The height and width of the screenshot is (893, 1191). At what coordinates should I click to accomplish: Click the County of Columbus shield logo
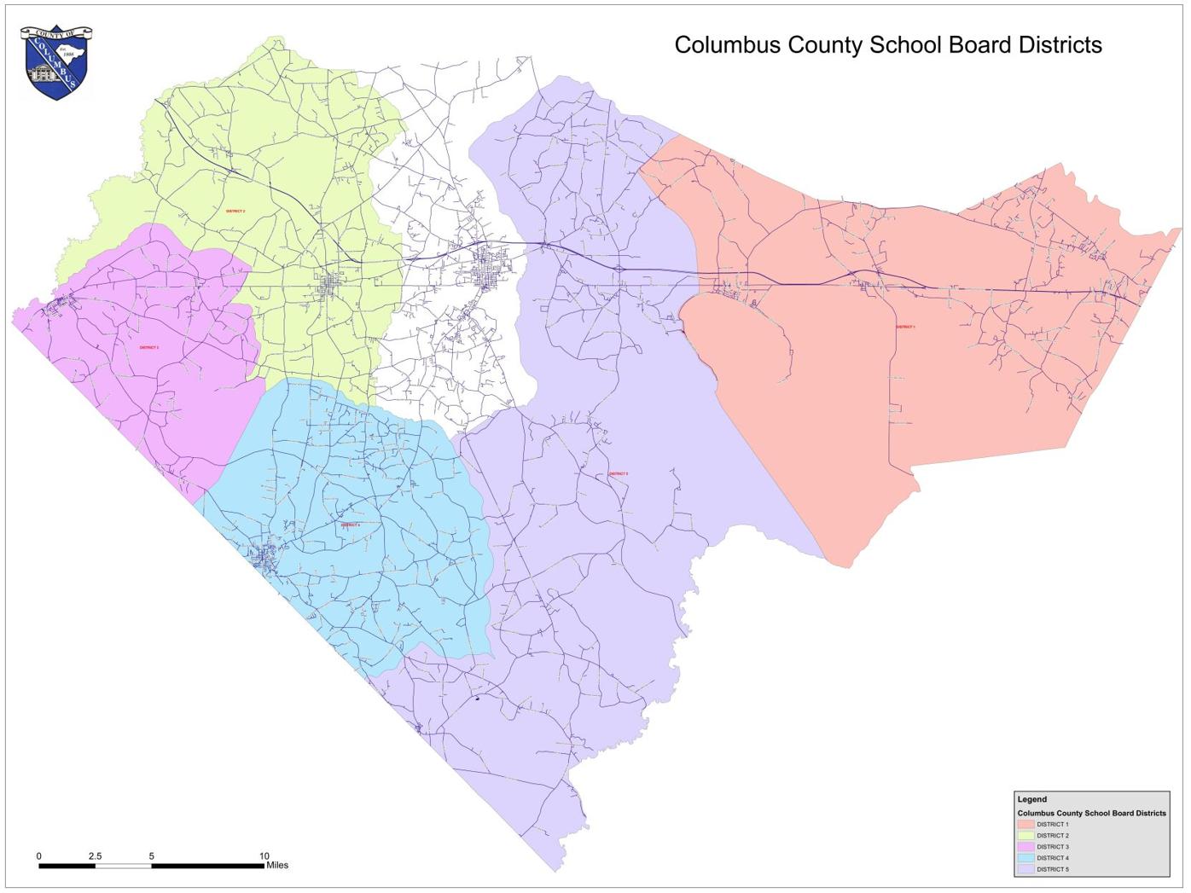tap(55, 62)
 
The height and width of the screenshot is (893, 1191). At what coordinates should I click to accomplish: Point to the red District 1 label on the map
tap(905, 327)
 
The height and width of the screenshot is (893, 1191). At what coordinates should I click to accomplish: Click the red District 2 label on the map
tap(235, 211)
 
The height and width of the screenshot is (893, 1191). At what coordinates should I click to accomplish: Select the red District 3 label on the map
tap(149, 348)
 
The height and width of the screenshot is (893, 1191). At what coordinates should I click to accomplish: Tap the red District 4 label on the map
tap(350, 525)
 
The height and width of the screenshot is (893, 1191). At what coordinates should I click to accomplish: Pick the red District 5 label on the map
tap(619, 474)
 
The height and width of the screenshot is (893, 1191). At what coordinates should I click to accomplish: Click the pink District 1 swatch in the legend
tap(1025, 825)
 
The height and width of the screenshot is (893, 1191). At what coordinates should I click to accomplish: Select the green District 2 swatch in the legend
tap(1025, 836)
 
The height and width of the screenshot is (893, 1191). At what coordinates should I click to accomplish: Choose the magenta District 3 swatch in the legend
tap(1025, 847)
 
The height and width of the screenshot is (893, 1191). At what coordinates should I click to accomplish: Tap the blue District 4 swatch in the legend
tap(1025, 858)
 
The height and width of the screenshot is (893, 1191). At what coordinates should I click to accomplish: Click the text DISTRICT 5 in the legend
tap(1053, 869)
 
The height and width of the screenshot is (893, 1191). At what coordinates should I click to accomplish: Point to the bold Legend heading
tap(1031, 799)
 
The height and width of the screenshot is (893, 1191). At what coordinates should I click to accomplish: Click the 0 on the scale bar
tap(38, 856)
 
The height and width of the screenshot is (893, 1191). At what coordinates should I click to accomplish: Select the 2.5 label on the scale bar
tap(95, 856)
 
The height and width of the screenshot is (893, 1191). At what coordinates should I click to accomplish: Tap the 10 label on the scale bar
tap(264, 856)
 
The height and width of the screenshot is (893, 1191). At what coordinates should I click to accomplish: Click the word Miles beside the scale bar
tap(277, 866)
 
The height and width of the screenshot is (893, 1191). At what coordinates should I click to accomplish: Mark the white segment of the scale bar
tap(123, 866)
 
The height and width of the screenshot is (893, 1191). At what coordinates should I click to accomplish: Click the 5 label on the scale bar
tap(152, 856)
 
